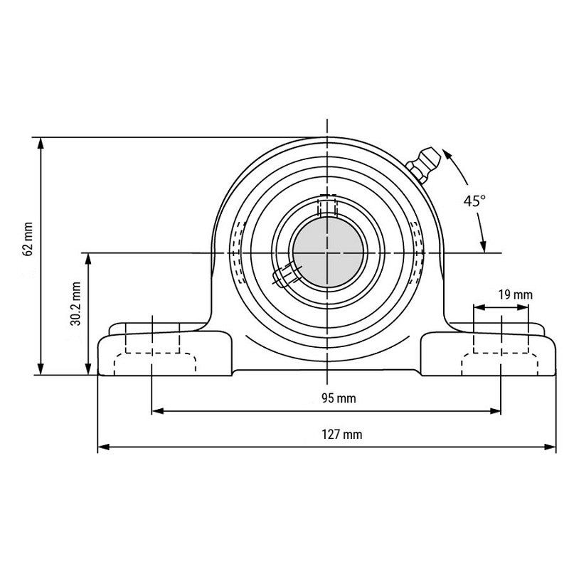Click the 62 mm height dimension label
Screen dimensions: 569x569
tap(28, 239)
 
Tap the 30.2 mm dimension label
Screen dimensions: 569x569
tap(76, 304)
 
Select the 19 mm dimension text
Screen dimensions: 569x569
tap(515, 294)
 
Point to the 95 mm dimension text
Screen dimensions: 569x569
tap(339, 398)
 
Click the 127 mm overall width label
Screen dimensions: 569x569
tap(342, 435)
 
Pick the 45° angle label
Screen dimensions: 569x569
tap(474, 201)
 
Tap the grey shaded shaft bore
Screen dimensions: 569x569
tap(328, 252)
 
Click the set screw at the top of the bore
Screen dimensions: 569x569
tap(327, 206)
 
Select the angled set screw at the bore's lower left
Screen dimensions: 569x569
tap(287, 275)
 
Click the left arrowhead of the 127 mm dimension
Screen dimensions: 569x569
tap(103, 447)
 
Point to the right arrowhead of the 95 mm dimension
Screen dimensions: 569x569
tap(495, 411)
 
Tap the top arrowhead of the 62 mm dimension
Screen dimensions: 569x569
tap(41, 144)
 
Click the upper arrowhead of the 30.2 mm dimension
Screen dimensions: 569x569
tap(87, 259)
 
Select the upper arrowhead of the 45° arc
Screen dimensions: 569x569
tap(447, 154)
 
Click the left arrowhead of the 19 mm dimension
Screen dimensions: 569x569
tap(479, 307)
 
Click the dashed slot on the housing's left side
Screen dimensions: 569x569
tap(238, 252)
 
